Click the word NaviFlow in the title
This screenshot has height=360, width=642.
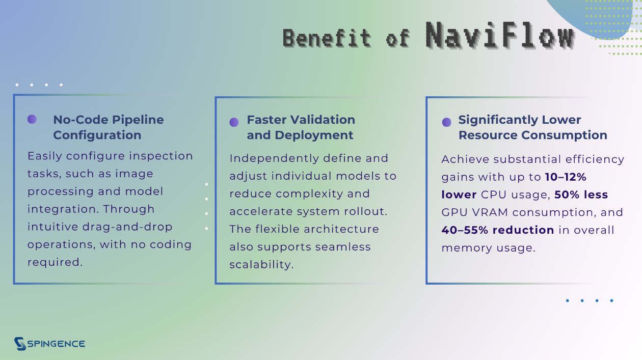click(x=500, y=35)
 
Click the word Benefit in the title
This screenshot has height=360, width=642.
click(x=327, y=38)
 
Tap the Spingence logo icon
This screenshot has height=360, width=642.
click(x=20, y=343)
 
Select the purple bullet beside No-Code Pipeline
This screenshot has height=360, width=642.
click(x=32, y=119)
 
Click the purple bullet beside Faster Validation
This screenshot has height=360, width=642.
click(x=234, y=122)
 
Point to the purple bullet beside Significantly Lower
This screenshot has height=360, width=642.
click(x=446, y=122)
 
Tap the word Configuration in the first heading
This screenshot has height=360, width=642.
click(x=97, y=135)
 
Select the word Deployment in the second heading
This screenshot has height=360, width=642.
click(x=314, y=135)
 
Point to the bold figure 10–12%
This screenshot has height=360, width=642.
click(x=566, y=177)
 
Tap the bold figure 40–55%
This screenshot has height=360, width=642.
click(x=465, y=230)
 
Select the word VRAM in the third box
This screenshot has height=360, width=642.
click(x=490, y=212)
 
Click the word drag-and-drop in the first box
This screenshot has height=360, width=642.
click(x=127, y=227)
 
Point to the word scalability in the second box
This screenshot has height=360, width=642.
click(x=261, y=264)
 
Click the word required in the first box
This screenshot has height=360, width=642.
click(x=55, y=262)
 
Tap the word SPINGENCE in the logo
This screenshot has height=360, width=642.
click(x=56, y=344)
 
